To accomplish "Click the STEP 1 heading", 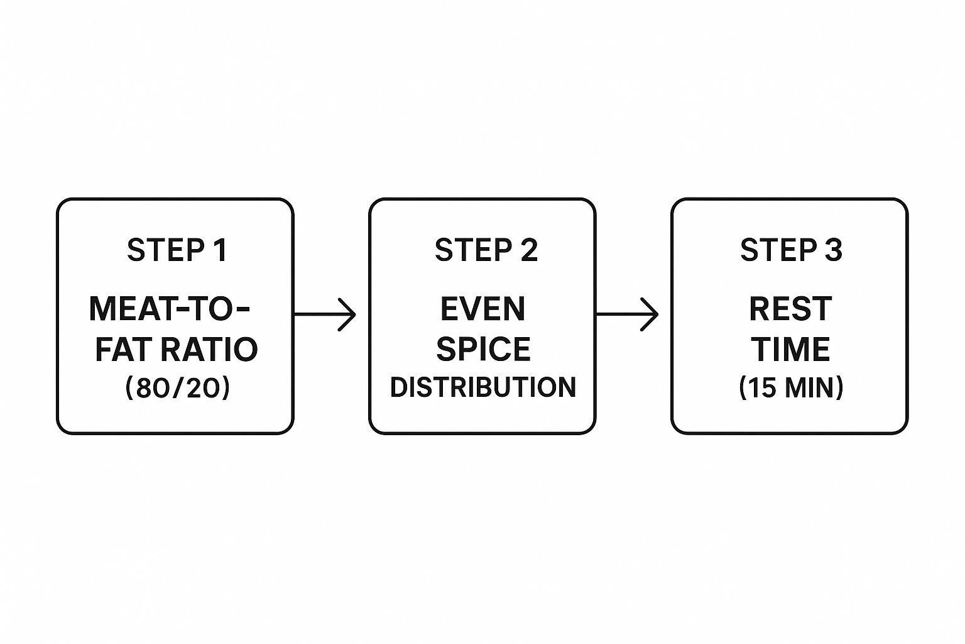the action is coord(177,250).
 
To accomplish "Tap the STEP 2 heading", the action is coord(486,250).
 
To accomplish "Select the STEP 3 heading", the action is coord(791,250).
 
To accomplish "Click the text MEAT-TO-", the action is coord(169,309).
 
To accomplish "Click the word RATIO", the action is coord(210,349).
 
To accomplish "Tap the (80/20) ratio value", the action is coord(178,387).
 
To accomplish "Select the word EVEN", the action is coord(483,309).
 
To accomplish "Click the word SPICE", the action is coord(483,349).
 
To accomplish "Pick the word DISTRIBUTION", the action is coord(483,387).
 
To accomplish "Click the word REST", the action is coord(790,309).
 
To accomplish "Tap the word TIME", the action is coord(790,349).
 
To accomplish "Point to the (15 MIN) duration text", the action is coord(791,387).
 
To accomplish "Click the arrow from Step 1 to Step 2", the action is coord(325,314).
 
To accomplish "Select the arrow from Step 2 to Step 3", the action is coord(627,314).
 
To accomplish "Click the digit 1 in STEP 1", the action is coord(221,250).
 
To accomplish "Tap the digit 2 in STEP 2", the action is coord(530,250).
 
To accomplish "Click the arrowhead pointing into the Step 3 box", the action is coord(650,314).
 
